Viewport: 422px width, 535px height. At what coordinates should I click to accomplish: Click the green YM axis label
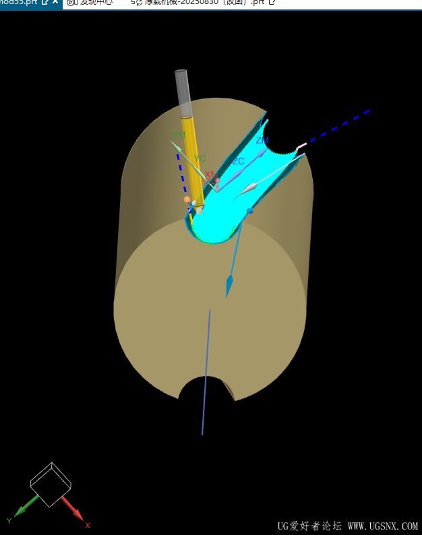[x=179, y=135]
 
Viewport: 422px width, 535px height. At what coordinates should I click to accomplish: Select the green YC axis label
[x=200, y=159]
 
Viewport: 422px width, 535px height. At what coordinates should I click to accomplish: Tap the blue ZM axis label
[x=262, y=140]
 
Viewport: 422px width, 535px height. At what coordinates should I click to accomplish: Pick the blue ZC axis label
[x=238, y=162]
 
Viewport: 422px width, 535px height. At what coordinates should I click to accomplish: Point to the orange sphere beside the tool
[x=187, y=199]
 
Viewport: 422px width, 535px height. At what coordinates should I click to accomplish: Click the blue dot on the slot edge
[x=250, y=211]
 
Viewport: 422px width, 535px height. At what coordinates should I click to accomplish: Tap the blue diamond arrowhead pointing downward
[x=229, y=285]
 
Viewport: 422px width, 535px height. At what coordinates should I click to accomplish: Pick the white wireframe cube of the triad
[x=51, y=484]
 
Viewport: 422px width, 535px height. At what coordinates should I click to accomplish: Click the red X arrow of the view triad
[x=72, y=509]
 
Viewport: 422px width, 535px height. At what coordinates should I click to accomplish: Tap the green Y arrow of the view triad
[x=25, y=507]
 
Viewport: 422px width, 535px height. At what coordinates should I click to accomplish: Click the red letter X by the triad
[x=88, y=525]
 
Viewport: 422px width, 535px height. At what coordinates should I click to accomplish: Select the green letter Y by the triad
[x=9, y=521]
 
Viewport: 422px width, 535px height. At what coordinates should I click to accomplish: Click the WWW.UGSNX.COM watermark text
[x=382, y=526]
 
